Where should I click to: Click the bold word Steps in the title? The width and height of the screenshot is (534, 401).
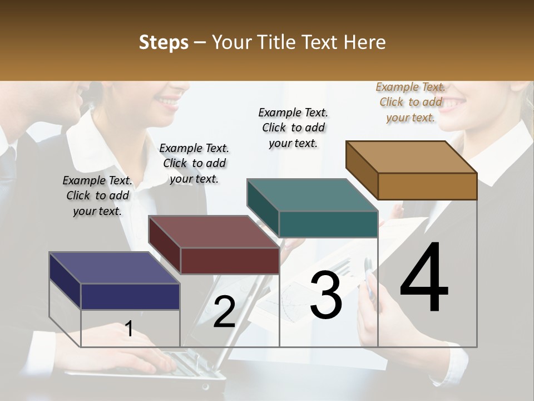(164, 42)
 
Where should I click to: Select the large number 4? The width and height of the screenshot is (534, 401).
(424, 278)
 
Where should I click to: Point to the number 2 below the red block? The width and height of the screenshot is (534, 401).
(224, 312)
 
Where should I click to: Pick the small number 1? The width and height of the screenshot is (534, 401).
(128, 329)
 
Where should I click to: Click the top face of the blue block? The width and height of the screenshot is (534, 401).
(114, 268)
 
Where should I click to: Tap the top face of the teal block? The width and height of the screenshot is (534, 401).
(312, 195)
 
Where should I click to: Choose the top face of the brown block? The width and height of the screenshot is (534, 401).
(411, 157)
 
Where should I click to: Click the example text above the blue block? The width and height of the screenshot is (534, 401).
(97, 195)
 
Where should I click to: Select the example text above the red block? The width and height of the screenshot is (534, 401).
(194, 163)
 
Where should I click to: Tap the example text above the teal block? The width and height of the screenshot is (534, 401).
(293, 128)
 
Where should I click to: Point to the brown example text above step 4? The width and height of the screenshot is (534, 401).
(411, 102)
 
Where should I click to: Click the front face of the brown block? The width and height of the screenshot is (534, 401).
(427, 186)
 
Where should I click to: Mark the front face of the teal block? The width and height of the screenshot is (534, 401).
(328, 224)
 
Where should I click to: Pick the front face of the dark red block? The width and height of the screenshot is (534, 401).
(229, 261)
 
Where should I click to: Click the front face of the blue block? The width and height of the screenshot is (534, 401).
(130, 296)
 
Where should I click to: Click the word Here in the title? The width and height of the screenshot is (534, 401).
(365, 42)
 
